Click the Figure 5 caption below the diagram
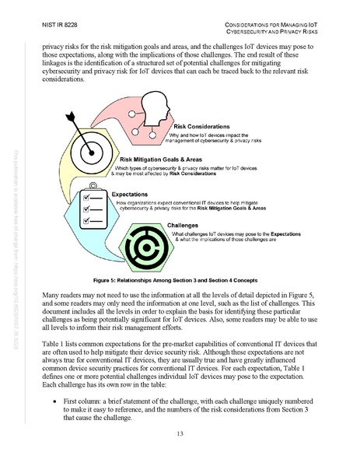[x=180, y=279]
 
